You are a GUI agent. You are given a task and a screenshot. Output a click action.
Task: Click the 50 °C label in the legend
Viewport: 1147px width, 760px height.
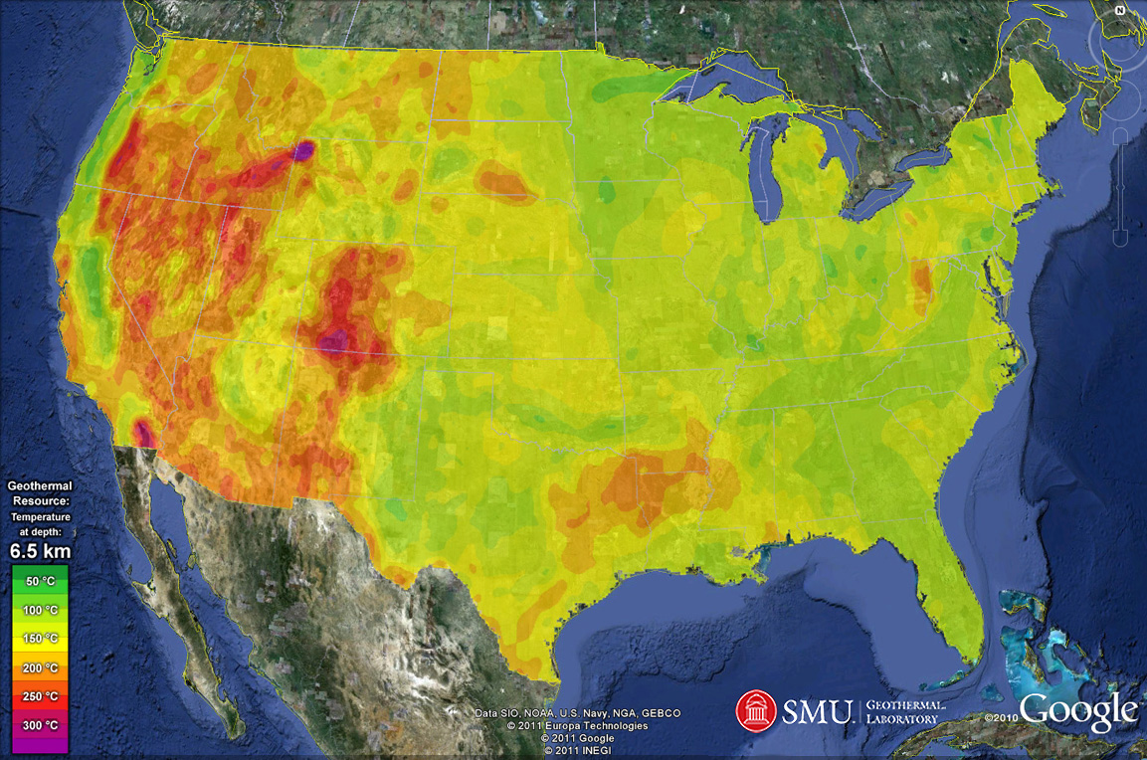coord(41,580)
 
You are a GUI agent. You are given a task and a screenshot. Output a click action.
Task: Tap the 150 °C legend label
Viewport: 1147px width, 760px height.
coord(41,638)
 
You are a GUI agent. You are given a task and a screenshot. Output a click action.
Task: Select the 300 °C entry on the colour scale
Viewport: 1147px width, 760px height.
coord(41,726)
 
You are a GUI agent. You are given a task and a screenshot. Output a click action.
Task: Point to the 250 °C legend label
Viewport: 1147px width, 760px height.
coord(41,696)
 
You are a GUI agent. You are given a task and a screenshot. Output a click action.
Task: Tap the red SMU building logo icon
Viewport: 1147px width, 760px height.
coord(756,710)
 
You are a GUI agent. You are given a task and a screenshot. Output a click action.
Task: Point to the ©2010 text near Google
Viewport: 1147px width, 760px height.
coord(1001,717)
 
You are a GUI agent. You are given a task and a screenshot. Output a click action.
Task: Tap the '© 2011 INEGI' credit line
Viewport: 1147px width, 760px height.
coord(577,750)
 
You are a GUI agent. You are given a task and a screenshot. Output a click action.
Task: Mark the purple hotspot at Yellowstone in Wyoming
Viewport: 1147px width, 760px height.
coord(303,150)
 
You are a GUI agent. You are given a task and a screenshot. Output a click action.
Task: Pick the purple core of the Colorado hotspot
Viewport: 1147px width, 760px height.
coord(335,340)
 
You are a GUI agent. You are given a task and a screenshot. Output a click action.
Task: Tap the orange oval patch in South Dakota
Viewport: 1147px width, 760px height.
coord(504,184)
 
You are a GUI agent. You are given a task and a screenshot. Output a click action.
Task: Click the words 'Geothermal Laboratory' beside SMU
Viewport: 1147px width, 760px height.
coord(902,711)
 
